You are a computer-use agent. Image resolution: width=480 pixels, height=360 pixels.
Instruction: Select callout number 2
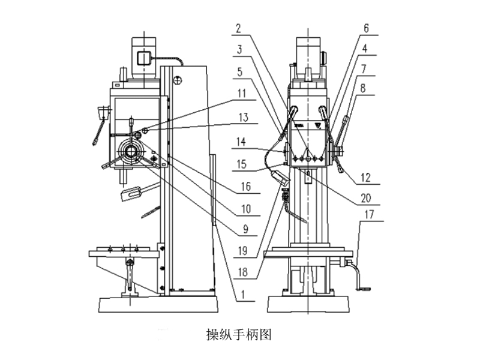click(x=239, y=28)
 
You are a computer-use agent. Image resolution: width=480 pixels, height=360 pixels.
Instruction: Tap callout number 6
click(x=366, y=28)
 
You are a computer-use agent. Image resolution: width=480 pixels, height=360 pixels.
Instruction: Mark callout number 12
click(x=365, y=177)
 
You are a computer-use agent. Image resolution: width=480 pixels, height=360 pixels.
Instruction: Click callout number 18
click(x=242, y=271)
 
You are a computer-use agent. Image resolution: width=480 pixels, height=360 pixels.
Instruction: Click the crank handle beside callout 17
click(x=359, y=279)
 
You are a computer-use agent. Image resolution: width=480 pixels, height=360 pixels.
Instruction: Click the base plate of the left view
click(x=157, y=304)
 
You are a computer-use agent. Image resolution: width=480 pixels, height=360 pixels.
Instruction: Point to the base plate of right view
click(x=307, y=304)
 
